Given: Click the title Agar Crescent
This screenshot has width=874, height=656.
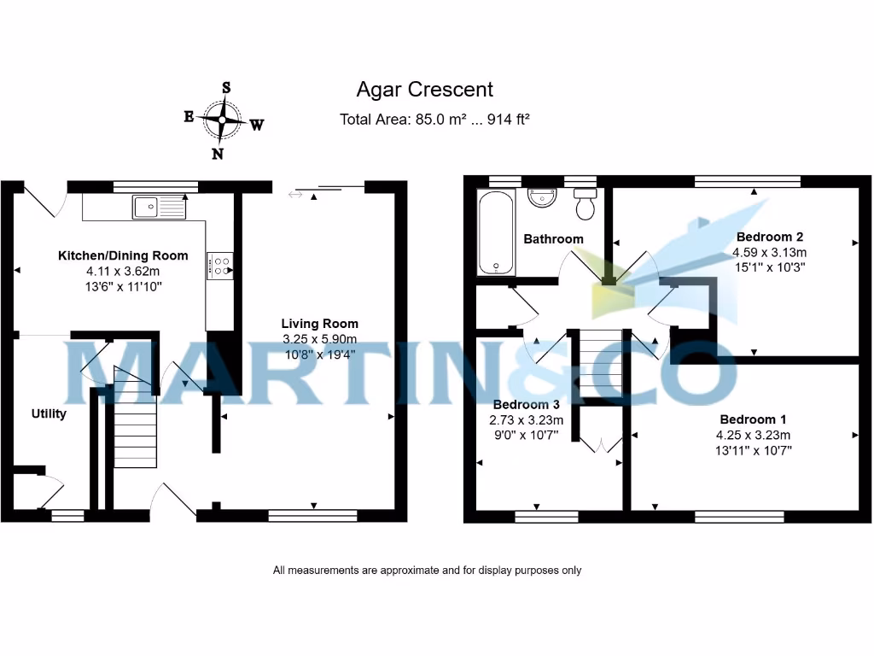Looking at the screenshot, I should [424, 89].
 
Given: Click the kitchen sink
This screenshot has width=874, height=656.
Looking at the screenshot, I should [160, 206].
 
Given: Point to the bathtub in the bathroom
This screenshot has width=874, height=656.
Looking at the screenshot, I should [496, 232].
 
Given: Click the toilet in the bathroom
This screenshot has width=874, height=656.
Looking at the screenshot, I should [586, 205].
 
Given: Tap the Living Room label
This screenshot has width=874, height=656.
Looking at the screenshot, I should [320, 324].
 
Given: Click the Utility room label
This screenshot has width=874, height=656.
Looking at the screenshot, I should [49, 414].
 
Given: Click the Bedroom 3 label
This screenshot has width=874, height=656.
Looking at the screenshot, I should [526, 404].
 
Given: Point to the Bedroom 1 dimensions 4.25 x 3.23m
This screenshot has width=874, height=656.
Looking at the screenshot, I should [754, 435].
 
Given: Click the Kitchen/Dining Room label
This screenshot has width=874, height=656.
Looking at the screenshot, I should [123, 255].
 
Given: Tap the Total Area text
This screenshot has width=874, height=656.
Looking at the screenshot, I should [434, 120].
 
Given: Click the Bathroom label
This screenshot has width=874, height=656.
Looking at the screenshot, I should [553, 239].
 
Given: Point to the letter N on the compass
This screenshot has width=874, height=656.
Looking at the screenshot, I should [218, 154].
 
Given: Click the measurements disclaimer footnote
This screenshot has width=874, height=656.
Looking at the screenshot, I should [427, 570].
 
